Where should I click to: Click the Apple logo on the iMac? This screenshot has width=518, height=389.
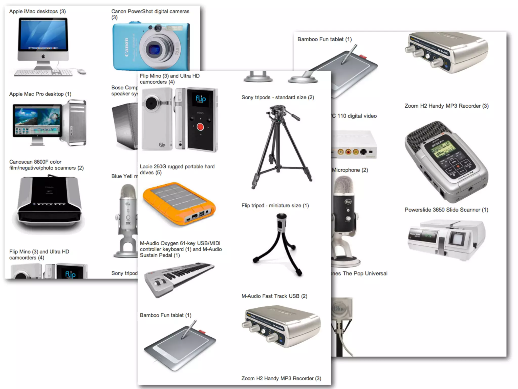(x=43, y=56)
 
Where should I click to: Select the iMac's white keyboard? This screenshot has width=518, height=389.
(x=43, y=73)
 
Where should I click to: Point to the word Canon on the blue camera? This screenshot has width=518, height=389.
(x=126, y=47)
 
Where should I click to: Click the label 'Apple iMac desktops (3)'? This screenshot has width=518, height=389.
(x=37, y=11)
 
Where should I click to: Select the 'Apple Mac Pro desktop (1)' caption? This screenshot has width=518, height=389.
(x=40, y=94)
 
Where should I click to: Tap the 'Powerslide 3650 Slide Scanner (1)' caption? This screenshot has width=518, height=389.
(x=446, y=210)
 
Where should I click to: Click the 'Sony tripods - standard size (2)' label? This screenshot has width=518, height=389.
(x=277, y=98)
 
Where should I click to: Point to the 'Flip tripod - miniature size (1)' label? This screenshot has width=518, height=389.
(x=275, y=205)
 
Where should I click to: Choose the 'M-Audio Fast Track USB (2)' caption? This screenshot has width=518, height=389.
(x=274, y=296)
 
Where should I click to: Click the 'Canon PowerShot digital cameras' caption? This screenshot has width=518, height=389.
(x=150, y=12)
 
